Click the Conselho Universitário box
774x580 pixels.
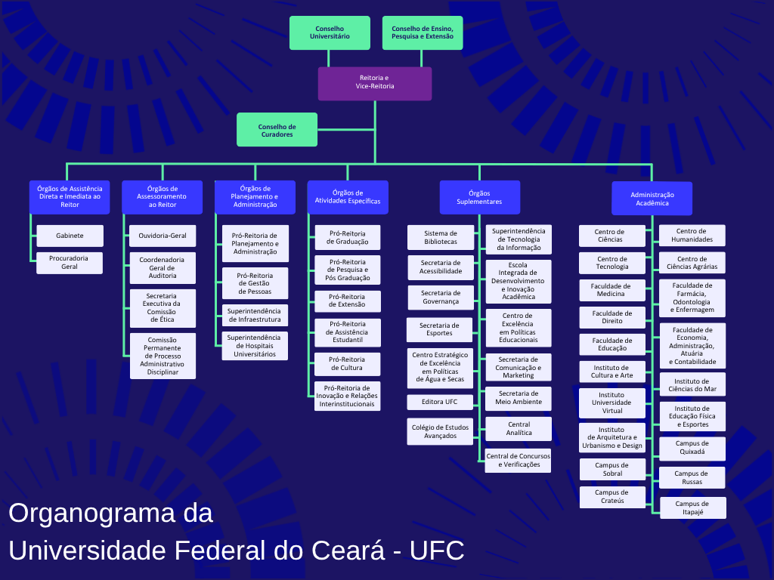[330, 32]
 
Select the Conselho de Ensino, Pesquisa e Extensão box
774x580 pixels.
[423, 32]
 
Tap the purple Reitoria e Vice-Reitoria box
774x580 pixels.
[375, 83]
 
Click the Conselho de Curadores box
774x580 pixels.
[277, 130]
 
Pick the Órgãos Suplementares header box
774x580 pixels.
[479, 197]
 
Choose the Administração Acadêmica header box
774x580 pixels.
[652, 199]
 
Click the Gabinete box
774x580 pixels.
[70, 236]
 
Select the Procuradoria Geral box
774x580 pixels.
[70, 263]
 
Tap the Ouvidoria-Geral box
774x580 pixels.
[163, 236]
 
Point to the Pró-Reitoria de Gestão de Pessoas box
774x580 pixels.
[255, 283]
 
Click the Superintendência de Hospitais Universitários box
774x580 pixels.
[255, 346]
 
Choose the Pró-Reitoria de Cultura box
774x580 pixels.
[348, 364]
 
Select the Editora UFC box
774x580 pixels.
[440, 402]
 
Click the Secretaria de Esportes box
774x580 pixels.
[439, 329]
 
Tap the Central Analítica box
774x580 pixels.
[519, 429]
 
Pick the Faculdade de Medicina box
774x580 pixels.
[611, 290]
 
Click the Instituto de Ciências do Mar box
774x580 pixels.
[692, 384]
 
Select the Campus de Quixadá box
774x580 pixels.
[692, 449]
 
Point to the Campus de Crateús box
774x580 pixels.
[611, 497]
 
